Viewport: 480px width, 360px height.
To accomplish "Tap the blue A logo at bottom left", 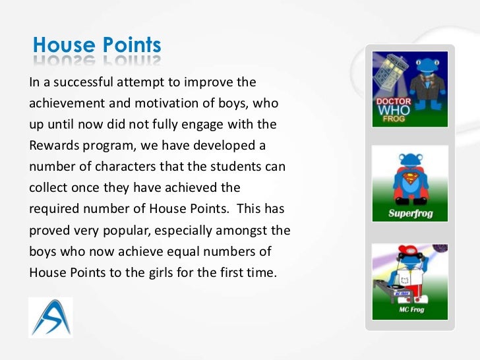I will (50, 317).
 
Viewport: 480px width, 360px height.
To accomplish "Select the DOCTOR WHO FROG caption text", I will (394, 111).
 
